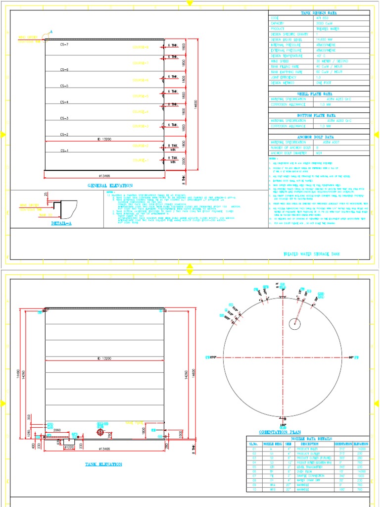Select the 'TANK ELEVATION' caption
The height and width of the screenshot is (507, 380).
104,464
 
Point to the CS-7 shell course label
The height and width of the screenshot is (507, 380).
64,45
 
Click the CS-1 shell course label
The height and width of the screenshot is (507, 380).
64,151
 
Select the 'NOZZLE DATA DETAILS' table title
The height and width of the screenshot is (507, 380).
307,439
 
